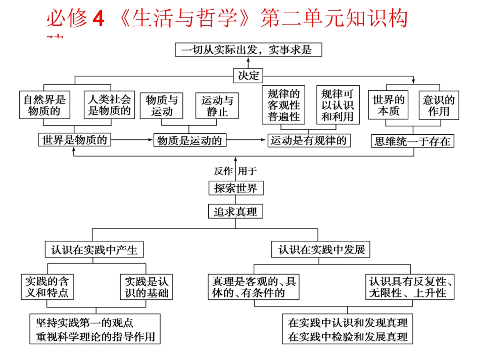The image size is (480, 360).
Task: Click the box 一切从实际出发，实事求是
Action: click(248, 49)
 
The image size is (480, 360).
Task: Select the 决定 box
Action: click(248, 76)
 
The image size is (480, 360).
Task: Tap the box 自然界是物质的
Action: click(44, 105)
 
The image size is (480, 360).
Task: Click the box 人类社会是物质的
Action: click(109, 105)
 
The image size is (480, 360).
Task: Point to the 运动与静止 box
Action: click(217, 106)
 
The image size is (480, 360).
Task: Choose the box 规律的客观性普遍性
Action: click(283, 105)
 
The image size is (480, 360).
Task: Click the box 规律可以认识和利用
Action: click(338, 105)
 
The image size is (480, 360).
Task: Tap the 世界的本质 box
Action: click(389, 105)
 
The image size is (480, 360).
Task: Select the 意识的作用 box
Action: click(439, 105)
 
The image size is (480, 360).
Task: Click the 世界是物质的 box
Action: click(74, 140)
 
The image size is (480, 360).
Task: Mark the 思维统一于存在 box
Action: click(412, 141)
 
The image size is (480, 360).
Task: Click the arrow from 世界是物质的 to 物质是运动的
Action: click(132, 140)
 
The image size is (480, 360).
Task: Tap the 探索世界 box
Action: click(235, 188)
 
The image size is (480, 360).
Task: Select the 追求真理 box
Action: click(235, 212)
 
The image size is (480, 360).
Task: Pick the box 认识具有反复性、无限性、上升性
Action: click(410, 287)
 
